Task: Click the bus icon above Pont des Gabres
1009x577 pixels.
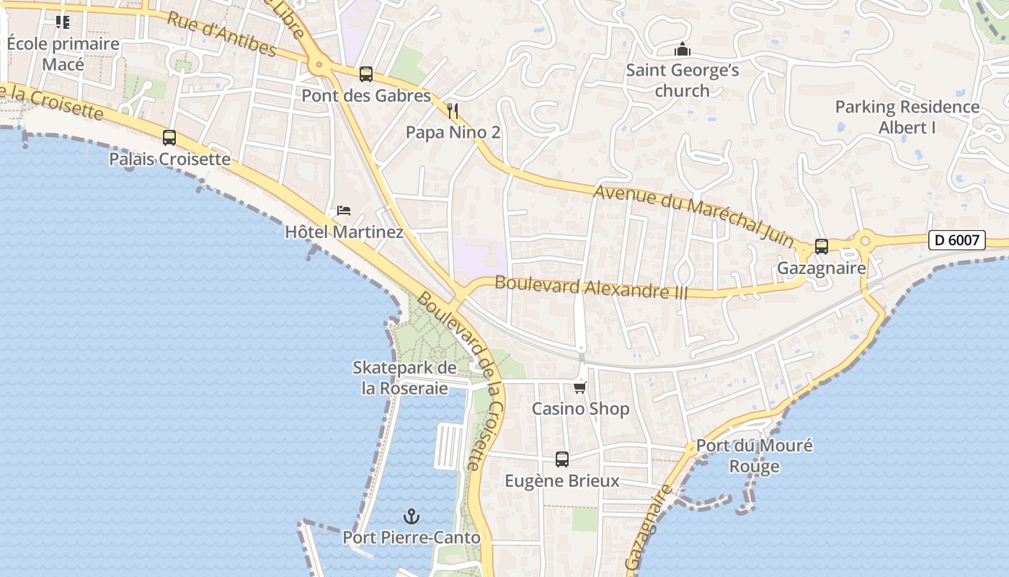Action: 366,74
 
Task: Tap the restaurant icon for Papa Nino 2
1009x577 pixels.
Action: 453,110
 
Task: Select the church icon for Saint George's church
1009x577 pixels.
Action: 682,49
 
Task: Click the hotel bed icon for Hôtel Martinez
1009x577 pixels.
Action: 344,211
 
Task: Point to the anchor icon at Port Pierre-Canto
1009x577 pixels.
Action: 411,516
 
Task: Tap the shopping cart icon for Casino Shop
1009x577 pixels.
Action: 580,387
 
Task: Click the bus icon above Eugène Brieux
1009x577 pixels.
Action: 561,459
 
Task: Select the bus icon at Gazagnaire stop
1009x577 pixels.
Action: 821,247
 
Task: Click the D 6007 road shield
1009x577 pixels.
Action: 956,240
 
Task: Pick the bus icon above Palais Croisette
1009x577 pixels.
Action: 169,137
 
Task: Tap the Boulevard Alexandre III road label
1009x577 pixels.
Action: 591,287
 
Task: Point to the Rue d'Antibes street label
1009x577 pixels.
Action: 221,34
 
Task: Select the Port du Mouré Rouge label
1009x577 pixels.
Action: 754,456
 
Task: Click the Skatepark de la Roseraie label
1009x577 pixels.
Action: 404,378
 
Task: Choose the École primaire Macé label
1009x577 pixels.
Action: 63,54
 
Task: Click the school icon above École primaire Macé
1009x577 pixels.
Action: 63,22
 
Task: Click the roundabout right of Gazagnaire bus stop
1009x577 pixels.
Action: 865,240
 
